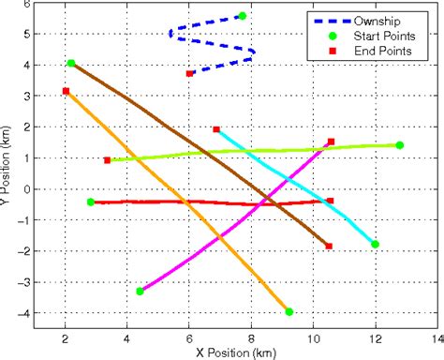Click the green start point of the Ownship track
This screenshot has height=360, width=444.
coord(243,16)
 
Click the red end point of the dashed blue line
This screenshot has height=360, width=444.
coord(190,73)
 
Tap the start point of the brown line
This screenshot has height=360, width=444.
coord(71,63)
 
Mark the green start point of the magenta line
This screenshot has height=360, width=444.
coord(140,292)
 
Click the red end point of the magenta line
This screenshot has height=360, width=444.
coord(331,142)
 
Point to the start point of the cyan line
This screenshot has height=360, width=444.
coord(375,244)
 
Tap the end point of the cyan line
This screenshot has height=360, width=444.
coord(216,129)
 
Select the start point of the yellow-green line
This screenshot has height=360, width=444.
coord(399,145)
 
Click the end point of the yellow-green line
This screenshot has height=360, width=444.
coord(107,160)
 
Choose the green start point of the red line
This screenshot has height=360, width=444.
coord(90,202)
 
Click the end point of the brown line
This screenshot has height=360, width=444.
coord(329,247)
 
